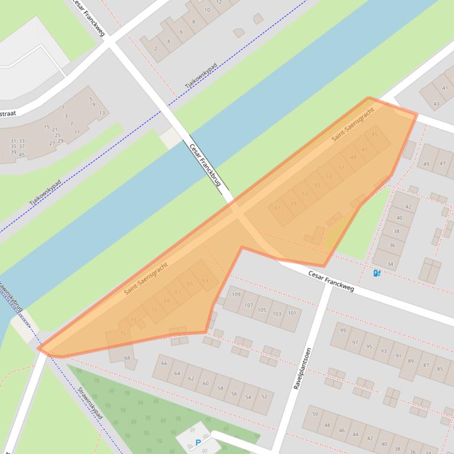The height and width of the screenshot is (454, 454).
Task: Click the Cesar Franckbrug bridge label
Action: point(205,166)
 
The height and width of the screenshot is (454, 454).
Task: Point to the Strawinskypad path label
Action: point(90,403)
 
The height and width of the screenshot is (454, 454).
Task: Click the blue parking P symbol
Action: point(198,443)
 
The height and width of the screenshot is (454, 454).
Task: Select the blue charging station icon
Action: point(377,273)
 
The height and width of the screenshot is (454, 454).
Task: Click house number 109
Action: point(236,294)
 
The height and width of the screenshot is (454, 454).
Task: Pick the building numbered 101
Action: point(292,313)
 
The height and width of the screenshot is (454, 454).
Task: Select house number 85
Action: point(440,369)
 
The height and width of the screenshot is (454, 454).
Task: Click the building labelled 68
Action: point(126,358)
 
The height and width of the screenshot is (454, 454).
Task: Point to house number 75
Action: point(122,334)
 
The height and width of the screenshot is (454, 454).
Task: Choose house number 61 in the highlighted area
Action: point(277,208)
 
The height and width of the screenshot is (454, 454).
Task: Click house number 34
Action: point(390,264)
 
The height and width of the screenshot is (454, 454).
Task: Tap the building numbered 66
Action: point(164,363)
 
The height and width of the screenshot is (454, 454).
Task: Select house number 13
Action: point(102,113)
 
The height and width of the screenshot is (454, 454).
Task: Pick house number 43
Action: point(436,104)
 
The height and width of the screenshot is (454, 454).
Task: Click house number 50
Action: point(315,414)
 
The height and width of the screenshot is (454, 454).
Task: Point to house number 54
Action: point(248,397)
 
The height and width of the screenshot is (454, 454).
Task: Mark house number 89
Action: point(411,360)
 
